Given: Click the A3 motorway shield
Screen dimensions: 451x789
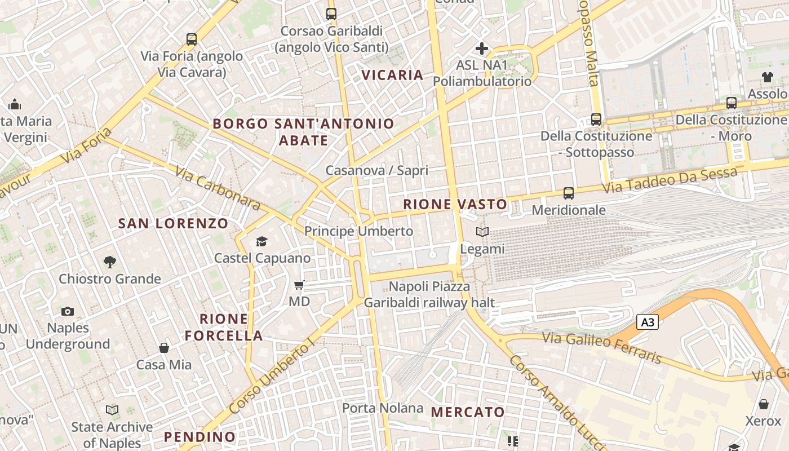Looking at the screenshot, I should point(648,322).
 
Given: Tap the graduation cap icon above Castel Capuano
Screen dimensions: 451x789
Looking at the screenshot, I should point(261,242).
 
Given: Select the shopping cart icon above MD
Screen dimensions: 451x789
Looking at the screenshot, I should point(299,285).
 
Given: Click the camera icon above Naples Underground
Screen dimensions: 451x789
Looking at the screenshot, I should point(68,311).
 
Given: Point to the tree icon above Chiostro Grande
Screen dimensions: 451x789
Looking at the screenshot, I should point(110,262).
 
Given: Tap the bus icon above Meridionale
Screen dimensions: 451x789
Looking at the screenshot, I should point(568,193).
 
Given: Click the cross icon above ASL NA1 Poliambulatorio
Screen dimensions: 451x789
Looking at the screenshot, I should point(482,48).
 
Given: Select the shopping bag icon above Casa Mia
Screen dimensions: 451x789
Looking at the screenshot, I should point(164,348).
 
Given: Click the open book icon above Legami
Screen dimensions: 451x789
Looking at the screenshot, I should point(482,232).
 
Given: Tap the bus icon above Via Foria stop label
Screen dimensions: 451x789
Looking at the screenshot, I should point(192,39).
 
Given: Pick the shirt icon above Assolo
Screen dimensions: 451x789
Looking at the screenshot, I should point(767,77).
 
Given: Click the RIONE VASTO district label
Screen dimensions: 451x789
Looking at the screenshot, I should point(455,204).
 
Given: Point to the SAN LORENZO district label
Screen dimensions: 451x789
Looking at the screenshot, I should point(173,223).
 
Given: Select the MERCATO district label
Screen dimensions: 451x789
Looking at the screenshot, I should point(468,412).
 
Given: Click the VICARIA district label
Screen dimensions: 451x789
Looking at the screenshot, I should point(392,75).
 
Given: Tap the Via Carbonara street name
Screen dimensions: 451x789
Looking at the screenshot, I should point(218,188).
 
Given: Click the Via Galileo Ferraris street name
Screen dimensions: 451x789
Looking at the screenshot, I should point(602,347).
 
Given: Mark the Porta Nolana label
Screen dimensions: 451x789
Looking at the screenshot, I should point(383,408).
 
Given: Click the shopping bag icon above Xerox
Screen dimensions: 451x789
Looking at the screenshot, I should point(764,404).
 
